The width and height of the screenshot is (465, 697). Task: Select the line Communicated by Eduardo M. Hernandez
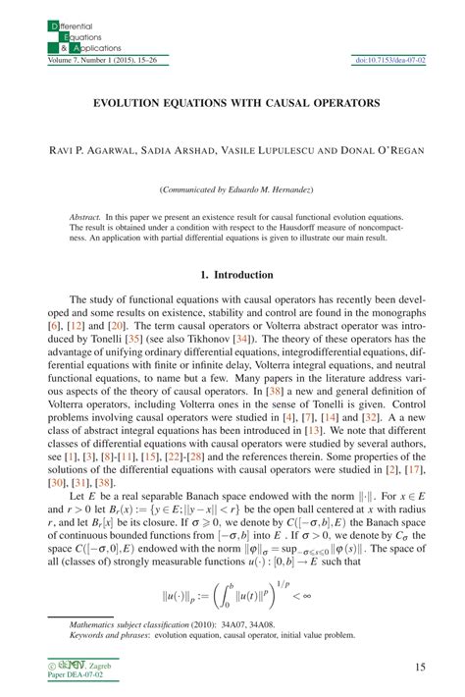pos(232,188)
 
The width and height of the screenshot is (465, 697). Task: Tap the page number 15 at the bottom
pos(420,667)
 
